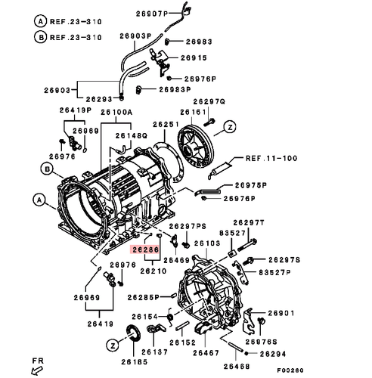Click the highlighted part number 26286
pyautogui.click(x=144, y=248)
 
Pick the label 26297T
pyautogui.click(x=249, y=222)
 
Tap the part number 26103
pyautogui.click(x=207, y=244)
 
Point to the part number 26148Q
pyautogui.click(x=132, y=136)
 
